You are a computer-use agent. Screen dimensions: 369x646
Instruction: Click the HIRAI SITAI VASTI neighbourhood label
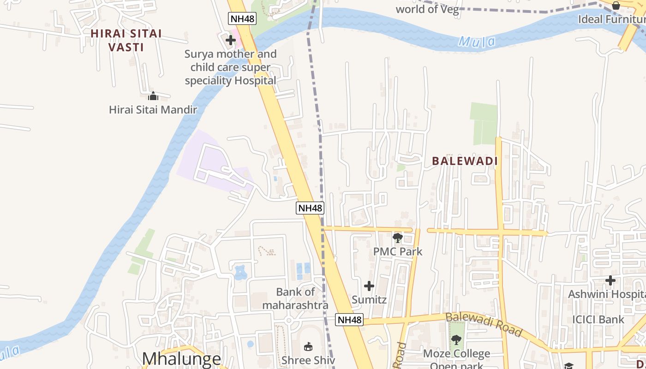[126, 40]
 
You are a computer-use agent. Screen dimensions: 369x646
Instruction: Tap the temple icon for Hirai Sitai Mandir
[153, 96]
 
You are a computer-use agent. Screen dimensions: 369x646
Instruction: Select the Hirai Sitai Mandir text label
[153, 110]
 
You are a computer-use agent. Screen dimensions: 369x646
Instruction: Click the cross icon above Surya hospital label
[231, 40]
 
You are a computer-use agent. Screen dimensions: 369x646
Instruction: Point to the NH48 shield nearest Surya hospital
[242, 18]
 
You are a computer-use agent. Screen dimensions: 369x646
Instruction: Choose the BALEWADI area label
[465, 161]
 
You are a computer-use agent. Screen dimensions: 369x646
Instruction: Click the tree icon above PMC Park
[397, 238]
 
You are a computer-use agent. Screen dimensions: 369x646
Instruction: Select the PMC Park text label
[398, 252]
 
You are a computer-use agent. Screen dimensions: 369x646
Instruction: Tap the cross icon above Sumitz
[369, 286]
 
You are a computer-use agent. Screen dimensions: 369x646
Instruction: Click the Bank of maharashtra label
[295, 298]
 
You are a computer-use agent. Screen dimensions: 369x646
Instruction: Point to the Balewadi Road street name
[484, 324]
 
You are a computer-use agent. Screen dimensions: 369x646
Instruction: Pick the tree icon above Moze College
[456, 340]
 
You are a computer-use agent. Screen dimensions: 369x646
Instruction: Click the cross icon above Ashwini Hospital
[610, 280]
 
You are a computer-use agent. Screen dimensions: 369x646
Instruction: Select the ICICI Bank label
[598, 319]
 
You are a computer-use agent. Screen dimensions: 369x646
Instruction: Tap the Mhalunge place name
[181, 359]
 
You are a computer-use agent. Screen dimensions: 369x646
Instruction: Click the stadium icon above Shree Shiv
[308, 346]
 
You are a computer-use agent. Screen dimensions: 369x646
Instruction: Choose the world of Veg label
[427, 9]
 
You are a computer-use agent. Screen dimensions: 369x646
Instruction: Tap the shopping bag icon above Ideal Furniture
[616, 6]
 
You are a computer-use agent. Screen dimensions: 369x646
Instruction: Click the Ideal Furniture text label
[612, 19]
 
